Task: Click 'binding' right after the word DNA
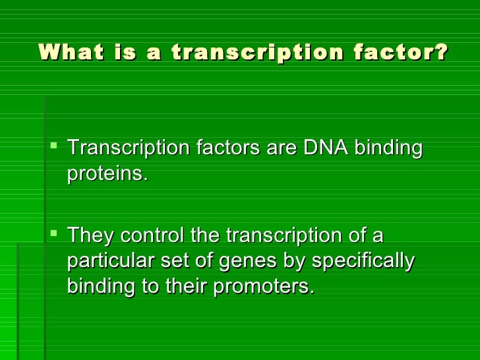tap(388, 148)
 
